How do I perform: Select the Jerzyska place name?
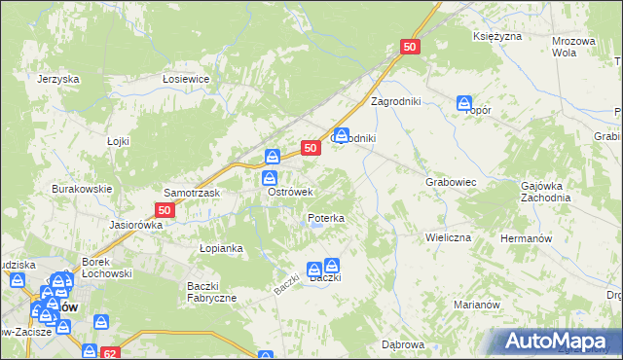(x=57, y=80)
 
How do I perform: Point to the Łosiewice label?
(x=187, y=80)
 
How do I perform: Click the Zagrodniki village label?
(x=394, y=101)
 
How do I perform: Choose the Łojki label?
(x=118, y=141)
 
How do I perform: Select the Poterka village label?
(x=326, y=219)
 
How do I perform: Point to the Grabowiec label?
(x=450, y=182)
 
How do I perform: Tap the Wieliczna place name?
(x=448, y=237)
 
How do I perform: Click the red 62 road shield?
(x=111, y=352)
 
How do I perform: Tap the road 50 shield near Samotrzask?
(x=165, y=209)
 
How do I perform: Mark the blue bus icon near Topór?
(x=464, y=102)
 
